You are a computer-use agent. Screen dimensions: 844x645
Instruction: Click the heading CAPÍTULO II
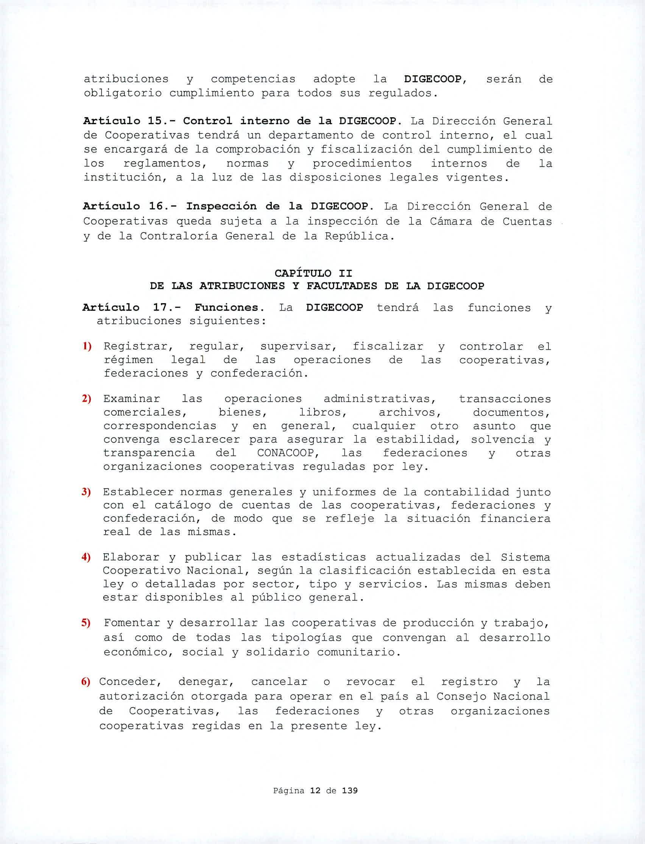pos(313,273)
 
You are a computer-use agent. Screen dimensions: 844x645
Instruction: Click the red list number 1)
pos(87,347)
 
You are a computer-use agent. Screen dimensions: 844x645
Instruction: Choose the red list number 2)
pos(86,399)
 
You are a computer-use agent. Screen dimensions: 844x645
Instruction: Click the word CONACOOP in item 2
pos(288,453)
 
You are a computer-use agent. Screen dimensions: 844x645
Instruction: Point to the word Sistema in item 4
pos(525,557)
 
